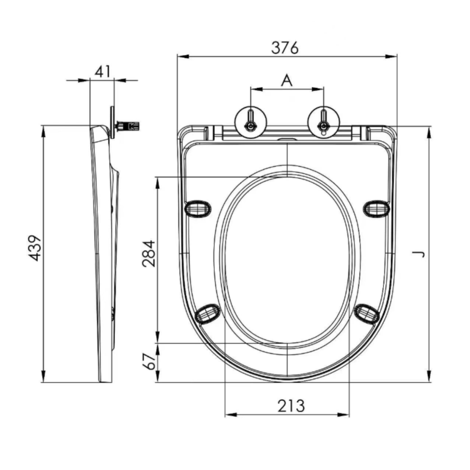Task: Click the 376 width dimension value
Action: pos(285,48)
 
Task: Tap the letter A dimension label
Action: pos(287,80)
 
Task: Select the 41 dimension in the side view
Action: pos(102,70)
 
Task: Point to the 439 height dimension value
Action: pos(34,248)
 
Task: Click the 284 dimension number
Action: pos(149,253)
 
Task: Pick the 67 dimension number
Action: pos(149,362)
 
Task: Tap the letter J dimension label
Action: pos(419,254)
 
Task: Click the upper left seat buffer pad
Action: pos(198,209)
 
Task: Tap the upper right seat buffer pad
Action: pos(377,209)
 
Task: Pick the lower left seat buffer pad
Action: pos(207,313)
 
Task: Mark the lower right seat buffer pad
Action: pos(367,313)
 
